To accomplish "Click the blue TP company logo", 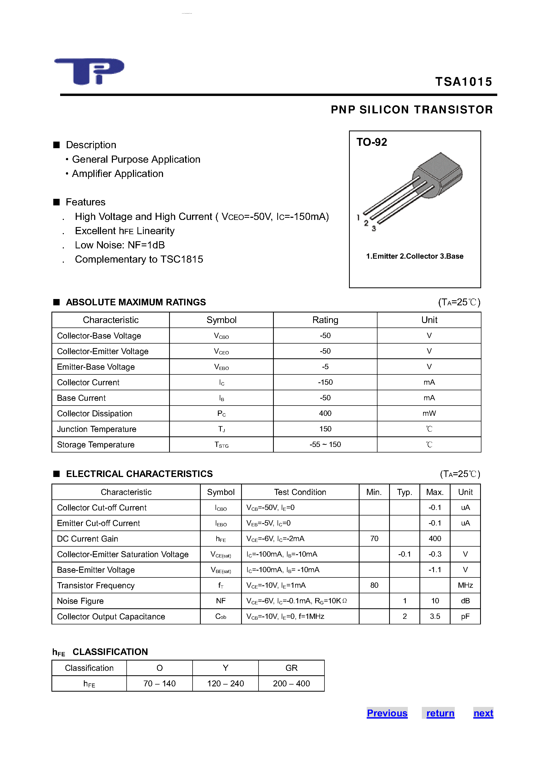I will tap(89, 71).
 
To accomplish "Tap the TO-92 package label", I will tap(372, 142).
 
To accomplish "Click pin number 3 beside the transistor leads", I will tap(374, 229).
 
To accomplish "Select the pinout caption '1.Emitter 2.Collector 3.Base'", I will tap(414, 256).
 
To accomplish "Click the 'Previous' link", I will tap(387, 713).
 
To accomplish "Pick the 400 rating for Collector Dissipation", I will tap(325, 413).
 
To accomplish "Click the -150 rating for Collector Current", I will tap(325, 382).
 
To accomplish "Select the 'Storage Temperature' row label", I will tap(96, 445).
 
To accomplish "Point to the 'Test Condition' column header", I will tap(300, 492).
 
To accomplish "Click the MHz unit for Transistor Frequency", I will tap(465, 585).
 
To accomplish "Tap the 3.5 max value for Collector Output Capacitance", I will tap(435, 616).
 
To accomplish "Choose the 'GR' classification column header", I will tap(291, 668).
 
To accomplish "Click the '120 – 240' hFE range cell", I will tap(226, 683).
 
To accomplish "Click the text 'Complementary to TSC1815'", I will tap(139, 259).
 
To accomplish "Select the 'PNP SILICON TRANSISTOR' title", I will tap(412, 110).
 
